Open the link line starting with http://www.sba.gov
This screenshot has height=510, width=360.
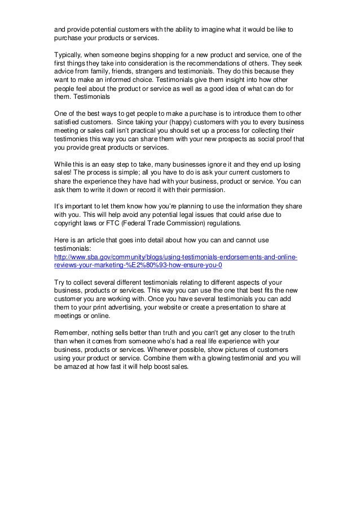[172, 258]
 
